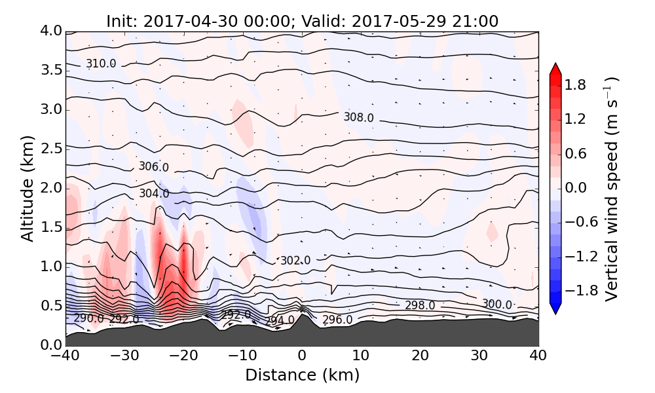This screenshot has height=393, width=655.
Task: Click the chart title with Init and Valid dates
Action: (302, 21)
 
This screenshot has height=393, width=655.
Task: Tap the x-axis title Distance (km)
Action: (302, 375)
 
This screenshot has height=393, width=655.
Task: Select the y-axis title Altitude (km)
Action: (27, 189)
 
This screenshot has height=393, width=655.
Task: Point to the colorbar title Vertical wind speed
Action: (611, 189)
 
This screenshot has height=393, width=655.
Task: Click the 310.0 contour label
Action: (101, 64)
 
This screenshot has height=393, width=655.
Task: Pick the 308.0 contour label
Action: (358, 117)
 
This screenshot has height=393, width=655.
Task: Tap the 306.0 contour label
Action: (153, 167)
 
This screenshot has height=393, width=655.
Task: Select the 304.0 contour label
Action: (154, 194)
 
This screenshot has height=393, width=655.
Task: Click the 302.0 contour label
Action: (295, 261)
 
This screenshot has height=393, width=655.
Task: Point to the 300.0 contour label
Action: (497, 304)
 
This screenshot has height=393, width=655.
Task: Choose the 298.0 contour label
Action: (419, 305)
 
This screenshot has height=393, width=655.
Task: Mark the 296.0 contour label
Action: (337, 320)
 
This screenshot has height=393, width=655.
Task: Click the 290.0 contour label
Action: (88, 318)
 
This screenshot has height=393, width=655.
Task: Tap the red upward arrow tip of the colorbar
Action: (555, 67)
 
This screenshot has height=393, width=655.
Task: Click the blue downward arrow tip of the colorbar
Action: (555, 310)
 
